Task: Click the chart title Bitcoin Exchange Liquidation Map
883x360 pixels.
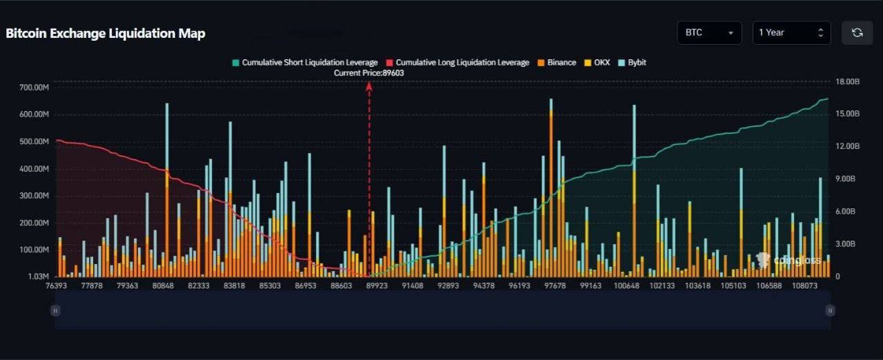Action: [106, 33]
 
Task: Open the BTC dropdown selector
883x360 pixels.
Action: [709, 32]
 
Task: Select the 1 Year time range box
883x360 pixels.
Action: [791, 32]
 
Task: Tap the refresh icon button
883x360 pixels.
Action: [857, 32]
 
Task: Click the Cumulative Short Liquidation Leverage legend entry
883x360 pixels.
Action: [305, 63]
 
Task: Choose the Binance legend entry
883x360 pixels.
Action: [557, 63]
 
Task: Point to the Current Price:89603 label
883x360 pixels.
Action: [369, 73]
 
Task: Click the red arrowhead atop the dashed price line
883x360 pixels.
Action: [369, 86]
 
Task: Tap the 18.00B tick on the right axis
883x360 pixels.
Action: [848, 82]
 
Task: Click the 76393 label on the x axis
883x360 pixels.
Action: [57, 286]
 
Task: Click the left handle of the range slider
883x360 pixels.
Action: [56, 311]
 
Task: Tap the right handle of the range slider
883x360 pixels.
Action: [830, 311]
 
